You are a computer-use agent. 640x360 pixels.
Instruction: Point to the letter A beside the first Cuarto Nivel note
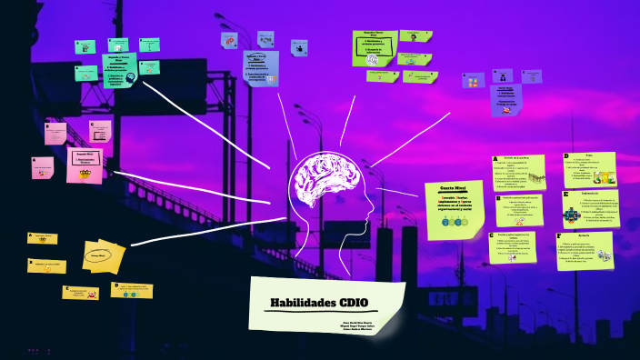(x=495, y=158)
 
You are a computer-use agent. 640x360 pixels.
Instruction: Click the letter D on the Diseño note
(x=566, y=155)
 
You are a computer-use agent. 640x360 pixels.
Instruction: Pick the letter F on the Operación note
(x=560, y=236)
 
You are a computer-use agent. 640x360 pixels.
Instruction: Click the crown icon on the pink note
(x=85, y=172)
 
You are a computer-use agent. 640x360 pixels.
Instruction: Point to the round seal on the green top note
(x=372, y=60)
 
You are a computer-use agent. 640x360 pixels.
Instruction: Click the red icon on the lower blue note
(x=470, y=82)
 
